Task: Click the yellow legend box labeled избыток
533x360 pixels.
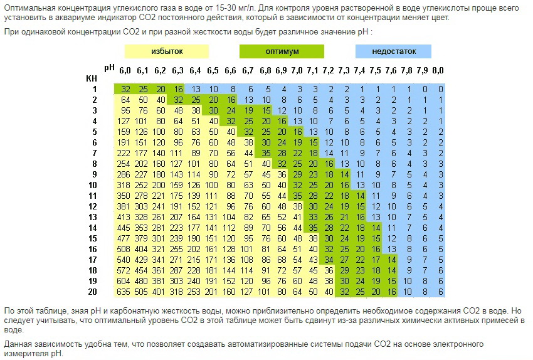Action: pos(166,51)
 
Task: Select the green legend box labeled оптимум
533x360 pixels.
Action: pos(282,51)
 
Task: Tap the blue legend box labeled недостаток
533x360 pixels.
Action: pos(394,51)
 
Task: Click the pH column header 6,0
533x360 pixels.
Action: pos(125,70)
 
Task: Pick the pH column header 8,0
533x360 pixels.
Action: pos(438,70)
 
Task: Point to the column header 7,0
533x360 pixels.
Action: pos(297,70)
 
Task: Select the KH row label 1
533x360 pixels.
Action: pos(93,89)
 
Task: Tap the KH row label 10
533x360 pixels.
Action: pos(93,185)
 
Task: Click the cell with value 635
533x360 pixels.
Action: pos(124,292)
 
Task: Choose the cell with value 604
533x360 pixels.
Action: pos(124,282)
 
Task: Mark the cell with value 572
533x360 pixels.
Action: pos(124,271)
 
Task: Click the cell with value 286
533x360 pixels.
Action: pos(124,174)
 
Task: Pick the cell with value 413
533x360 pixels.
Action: pos(124,217)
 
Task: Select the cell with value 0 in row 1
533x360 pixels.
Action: pos(441,89)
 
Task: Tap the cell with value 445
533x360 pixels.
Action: pos(124,228)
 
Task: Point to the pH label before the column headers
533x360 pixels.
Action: pos(109,66)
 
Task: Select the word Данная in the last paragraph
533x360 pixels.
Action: pos(18,344)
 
